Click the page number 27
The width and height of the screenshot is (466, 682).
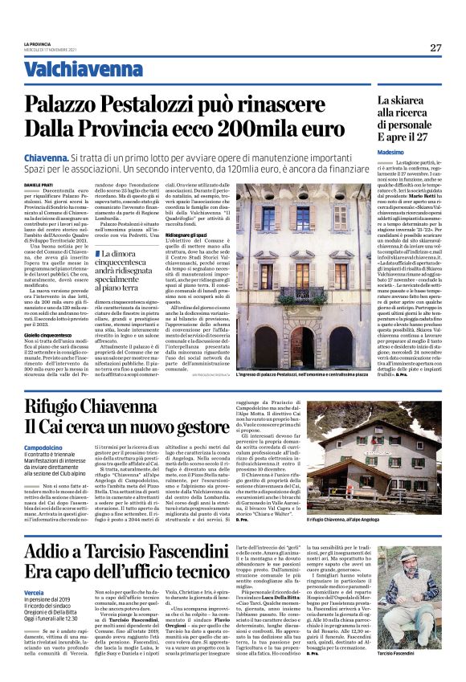[x=435, y=47]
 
